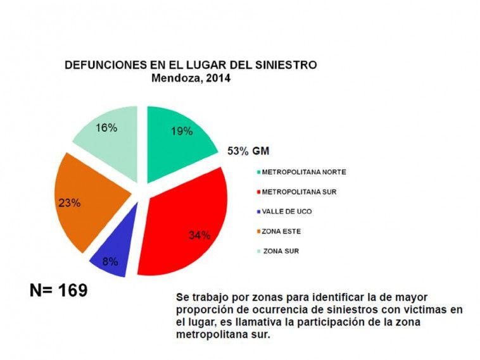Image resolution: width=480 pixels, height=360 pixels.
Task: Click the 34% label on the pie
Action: click(x=199, y=235)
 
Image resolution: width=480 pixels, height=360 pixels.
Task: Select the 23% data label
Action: click(x=69, y=203)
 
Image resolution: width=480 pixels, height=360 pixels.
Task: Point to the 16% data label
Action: click(x=106, y=128)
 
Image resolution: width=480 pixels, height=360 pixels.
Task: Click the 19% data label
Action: click(x=182, y=132)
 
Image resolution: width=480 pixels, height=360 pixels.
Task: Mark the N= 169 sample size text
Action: click(x=58, y=290)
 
